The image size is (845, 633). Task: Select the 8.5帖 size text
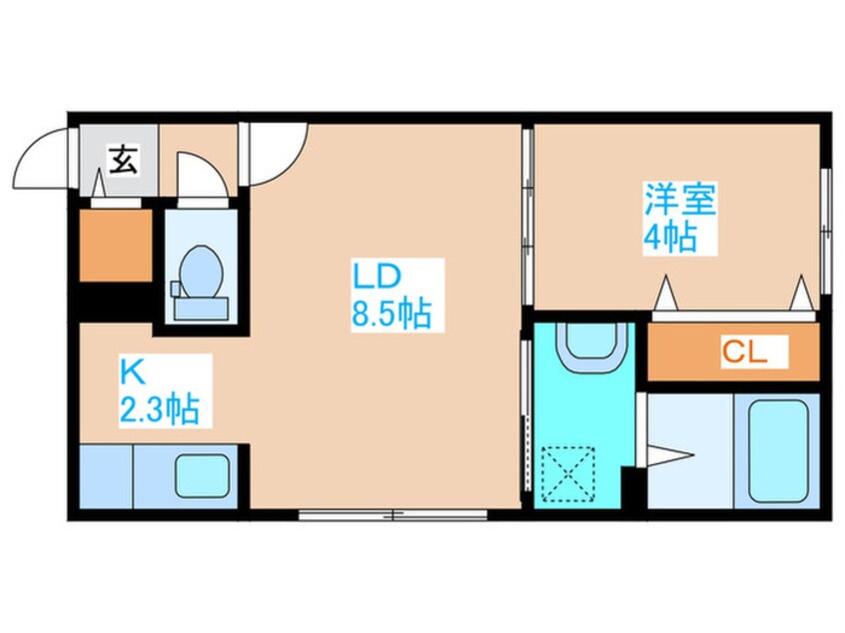coord(390,315)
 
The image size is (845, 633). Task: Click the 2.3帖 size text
coord(157,407)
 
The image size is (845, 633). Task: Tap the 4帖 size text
coord(668,240)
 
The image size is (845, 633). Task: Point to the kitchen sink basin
coord(203,475)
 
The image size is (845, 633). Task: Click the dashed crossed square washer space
coord(567,473)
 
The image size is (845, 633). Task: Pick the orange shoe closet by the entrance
coord(116,245)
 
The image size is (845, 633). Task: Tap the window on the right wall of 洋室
coord(825,230)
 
